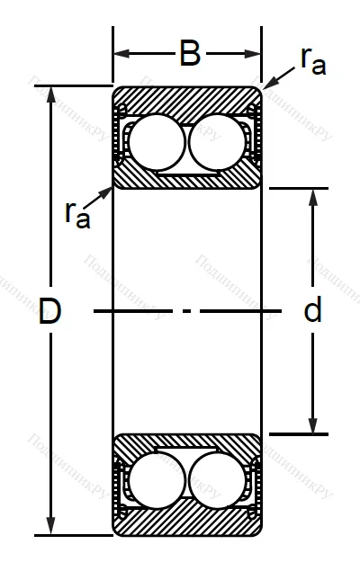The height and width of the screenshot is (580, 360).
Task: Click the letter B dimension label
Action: coord(189,53)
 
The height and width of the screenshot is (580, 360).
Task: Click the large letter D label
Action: coord(50,312)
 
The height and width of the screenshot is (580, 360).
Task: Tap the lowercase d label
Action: coord(312,312)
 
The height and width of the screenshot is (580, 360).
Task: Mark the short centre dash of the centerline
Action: coord(187,312)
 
